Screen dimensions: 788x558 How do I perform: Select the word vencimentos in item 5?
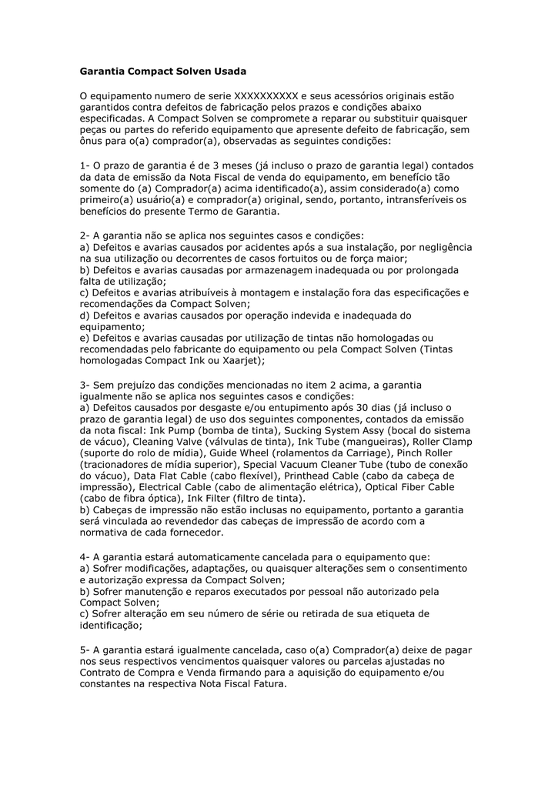pyautogui.click(x=202, y=661)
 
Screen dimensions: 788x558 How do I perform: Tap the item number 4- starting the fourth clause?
pyautogui.click(x=85, y=556)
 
